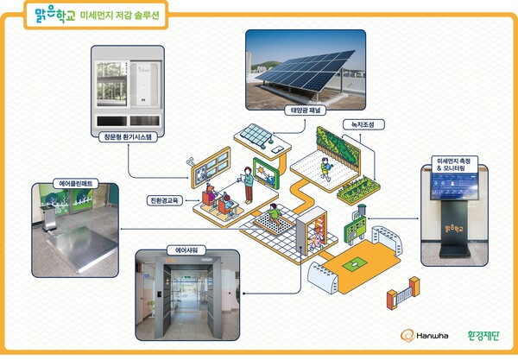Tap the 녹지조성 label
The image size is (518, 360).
tap(357, 123)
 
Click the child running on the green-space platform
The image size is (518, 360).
tap(325, 167)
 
